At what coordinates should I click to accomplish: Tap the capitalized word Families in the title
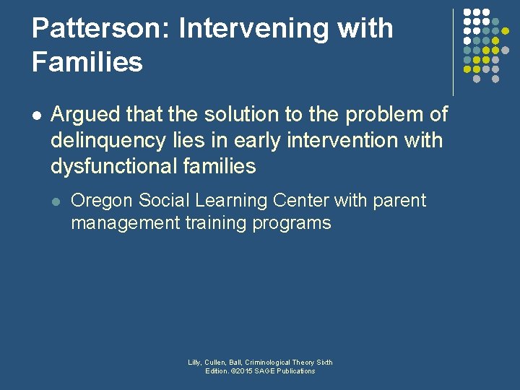[x=87, y=62]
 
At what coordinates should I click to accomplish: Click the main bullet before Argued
[x=37, y=115]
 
